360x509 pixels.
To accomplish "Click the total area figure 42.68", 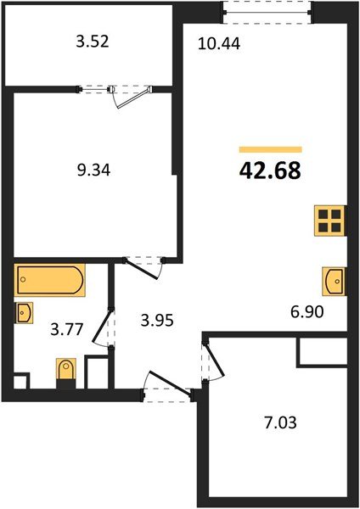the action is point(270,171).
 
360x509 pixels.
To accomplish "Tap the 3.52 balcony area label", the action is point(93,42).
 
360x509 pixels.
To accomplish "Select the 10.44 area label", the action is point(219,43).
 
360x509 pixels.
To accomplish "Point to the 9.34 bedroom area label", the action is point(93,171).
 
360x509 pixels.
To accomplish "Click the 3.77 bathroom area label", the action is point(67,329).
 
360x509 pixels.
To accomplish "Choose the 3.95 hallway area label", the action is point(157,321).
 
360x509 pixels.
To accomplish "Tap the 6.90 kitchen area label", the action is point(307,312).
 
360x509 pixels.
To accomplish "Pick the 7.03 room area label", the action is point(280,423).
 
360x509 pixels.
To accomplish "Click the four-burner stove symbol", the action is point(329,221).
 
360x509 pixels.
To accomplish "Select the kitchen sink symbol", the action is point(334,281).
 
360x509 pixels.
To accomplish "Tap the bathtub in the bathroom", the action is point(49,280).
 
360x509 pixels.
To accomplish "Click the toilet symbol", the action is point(66,373).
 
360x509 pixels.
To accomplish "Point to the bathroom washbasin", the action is point(24,312).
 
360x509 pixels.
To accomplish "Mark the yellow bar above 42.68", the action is point(271,149).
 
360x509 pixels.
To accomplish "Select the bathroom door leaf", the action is point(102,327).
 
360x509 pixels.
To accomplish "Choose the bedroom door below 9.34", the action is point(144,268).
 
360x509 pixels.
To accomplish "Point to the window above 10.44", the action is point(267,13).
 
